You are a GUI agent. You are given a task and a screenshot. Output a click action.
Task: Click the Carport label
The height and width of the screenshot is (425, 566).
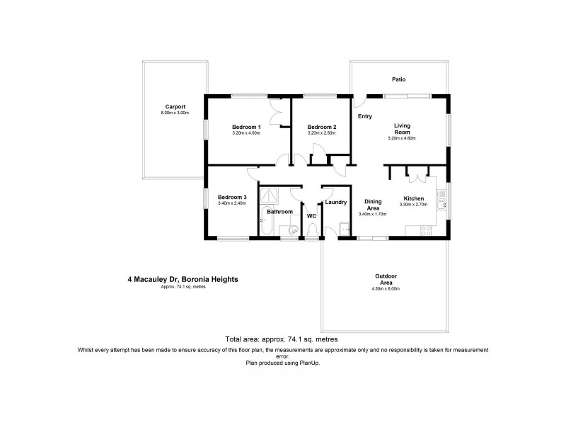click(175, 107)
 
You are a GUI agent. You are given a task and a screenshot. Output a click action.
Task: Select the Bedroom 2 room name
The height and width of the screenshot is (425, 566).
click(321, 127)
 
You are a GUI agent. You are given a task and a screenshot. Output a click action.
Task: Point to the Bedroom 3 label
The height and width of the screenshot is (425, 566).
click(232, 197)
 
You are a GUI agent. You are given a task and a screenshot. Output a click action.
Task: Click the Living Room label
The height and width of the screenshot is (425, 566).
click(402, 128)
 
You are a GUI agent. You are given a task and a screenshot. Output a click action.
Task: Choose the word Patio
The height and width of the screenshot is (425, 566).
click(399, 79)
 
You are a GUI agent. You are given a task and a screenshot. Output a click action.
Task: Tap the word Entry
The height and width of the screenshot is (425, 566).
click(365, 116)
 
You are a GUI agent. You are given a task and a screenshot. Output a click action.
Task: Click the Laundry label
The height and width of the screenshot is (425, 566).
click(335, 202)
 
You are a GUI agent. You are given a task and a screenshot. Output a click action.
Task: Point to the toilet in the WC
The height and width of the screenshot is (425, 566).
click(311, 229)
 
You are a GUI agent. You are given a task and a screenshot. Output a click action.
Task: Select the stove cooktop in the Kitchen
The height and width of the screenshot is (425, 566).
click(427, 229)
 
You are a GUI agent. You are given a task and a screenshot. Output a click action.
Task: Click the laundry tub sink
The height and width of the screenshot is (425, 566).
click(345, 228)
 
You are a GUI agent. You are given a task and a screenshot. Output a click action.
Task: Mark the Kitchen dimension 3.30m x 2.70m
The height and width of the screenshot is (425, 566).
click(414, 205)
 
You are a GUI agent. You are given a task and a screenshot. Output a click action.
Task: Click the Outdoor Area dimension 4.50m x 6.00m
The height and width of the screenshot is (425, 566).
click(386, 289)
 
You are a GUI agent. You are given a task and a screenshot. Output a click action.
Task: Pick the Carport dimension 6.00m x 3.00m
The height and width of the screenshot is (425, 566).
click(175, 113)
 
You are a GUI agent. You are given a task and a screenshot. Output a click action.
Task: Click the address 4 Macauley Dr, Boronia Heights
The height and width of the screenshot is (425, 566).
click(183, 280)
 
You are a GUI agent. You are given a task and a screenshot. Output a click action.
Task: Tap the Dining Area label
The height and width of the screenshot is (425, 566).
click(373, 205)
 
